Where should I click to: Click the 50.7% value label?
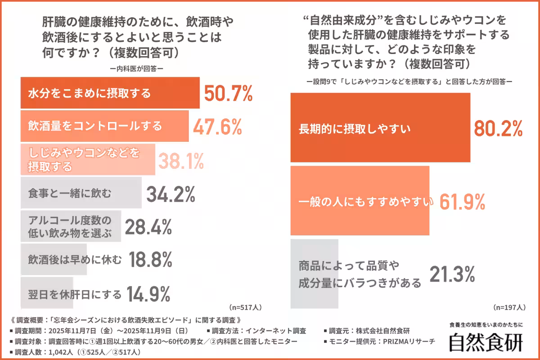point(228,93)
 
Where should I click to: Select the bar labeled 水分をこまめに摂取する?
point(110,93)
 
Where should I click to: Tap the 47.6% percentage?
point(217,127)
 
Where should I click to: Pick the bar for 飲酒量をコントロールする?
point(104,126)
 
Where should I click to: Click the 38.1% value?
point(180,160)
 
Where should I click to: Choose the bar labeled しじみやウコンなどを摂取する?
point(88,160)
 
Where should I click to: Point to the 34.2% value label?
point(171,194)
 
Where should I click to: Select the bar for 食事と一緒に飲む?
point(81,193)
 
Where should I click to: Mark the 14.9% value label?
point(148,294)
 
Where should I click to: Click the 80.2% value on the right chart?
point(498,128)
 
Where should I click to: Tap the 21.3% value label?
point(452,274)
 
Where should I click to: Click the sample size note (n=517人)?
point(245,308)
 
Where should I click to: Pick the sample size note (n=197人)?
point(509,308)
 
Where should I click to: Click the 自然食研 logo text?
point(486,342)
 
